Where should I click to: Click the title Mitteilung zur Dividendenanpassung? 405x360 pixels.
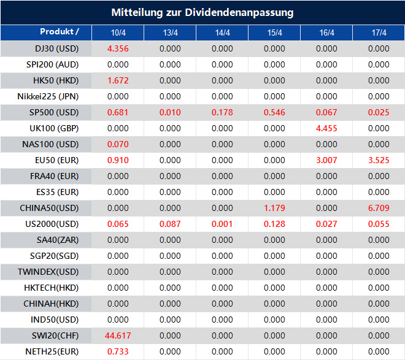tap(202, 12)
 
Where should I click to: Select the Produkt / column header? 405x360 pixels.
tap(60, 32)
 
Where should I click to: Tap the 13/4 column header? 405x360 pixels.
tap(170, 33)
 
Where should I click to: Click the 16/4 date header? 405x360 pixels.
tap(327, 33)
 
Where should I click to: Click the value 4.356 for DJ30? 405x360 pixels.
tap(118, 48)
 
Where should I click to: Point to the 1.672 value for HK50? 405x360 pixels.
tap(118, 80)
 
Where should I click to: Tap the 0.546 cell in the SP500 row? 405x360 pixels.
tap(274, 112)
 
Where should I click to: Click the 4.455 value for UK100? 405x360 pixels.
tap(327, 128)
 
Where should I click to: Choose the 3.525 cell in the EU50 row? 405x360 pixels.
tap(379, 160)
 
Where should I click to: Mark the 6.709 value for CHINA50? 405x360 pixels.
tap(379, 208)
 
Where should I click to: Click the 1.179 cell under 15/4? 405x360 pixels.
tap(274, 208)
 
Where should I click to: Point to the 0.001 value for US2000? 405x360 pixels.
tap(222, 224)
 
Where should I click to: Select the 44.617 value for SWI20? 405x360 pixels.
tap(118, 335)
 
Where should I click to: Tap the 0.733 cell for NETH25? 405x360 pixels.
tap(118, 351)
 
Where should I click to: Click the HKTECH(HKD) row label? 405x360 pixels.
tap(55, 288)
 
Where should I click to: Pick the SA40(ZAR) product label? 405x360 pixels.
tap(55, 240)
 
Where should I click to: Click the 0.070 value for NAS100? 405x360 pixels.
tap(118, 144)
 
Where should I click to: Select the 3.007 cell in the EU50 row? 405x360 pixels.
tap(327, 160)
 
